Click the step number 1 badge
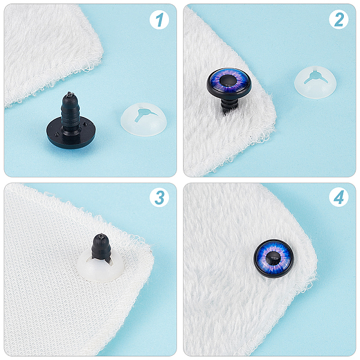point(159,20)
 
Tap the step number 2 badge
point(338,20)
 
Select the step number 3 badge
point(159,197)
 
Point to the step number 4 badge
point(338,197)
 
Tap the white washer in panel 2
point(316,82)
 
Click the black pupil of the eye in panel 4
point(273,258)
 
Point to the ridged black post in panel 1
point(70,113)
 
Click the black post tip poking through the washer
point(101,248)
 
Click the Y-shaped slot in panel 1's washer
point(144,113)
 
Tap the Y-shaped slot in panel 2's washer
point(316,77)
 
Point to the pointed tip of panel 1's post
point(68,93)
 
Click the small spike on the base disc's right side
point(86,124)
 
